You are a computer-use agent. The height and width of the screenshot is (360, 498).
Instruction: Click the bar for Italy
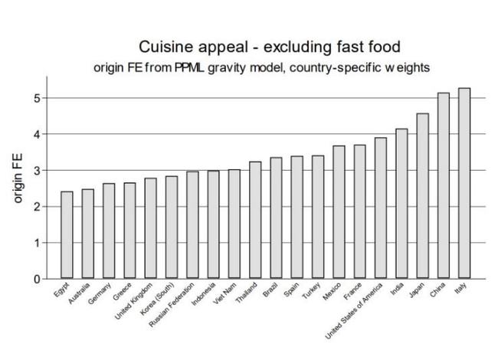point(464,183)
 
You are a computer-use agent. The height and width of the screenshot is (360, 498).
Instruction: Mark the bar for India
point(401,204)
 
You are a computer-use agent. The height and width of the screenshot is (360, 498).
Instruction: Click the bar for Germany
point(109,231)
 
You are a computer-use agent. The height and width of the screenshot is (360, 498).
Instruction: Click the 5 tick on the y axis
point(36,98)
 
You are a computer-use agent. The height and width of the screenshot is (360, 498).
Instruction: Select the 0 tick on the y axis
point(36,279)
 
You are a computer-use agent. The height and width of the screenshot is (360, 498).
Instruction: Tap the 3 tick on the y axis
point(36,170)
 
